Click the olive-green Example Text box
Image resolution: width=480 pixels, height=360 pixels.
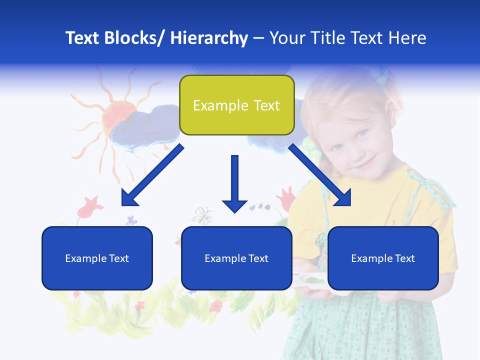236,105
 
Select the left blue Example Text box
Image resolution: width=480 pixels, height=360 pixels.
97,258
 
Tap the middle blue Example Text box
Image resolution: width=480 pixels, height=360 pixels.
236,258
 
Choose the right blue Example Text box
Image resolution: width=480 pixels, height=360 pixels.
383,258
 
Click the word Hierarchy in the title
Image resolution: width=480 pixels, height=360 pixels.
209,38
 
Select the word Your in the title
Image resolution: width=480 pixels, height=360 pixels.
286,38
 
